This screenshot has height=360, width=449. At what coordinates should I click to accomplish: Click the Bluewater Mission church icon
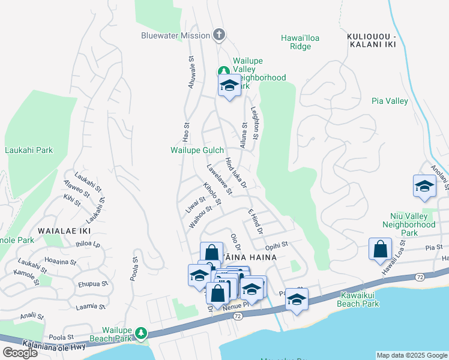pyautogui.click(x=219, y=35)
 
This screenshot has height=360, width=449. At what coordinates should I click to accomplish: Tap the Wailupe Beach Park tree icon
pyautogui.click(x=140, y=332)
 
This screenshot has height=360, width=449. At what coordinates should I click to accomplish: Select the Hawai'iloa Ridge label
pyautogui.click(x=300, y=42)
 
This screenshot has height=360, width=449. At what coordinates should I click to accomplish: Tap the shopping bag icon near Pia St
pyautogui.click(x=381, y=251)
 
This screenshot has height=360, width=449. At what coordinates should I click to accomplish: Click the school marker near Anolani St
pyautogui.click(x=424, y=186)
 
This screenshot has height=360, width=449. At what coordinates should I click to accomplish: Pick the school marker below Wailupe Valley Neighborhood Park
pyautogui.click(x=229, y=88)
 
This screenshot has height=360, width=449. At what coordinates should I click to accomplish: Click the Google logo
pyautogui.click(x=20, y=352)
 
